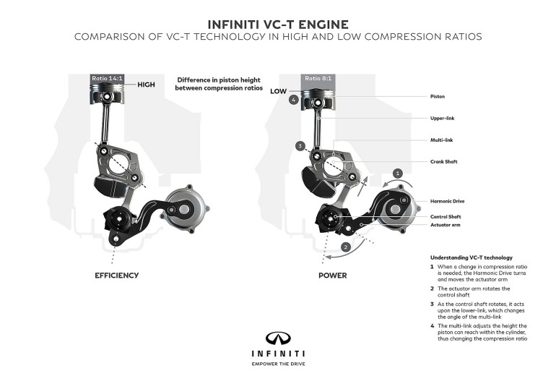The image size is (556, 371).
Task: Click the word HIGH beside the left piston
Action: (x=146, y=85)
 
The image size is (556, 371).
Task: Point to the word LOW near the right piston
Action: (x=279, y=92)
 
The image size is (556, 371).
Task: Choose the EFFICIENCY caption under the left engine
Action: (x=117, y=276)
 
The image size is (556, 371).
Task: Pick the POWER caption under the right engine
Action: (x=333, y=276)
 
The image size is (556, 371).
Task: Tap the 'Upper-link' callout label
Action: (x=443, y=118)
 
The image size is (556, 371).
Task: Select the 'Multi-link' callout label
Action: (x=442, y=140)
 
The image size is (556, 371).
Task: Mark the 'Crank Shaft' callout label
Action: (x=444, y=162)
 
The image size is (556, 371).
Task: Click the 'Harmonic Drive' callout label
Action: (x=447, y=202)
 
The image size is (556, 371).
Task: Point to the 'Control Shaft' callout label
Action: (x=446, y=216)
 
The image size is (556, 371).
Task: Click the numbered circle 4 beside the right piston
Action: (x=294, y=101)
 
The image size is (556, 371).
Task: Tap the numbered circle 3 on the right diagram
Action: (x=298, y=145)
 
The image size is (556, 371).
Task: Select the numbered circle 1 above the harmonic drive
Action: (x=396, y=173)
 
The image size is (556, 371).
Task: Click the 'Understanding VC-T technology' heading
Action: (x=471, y=257)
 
